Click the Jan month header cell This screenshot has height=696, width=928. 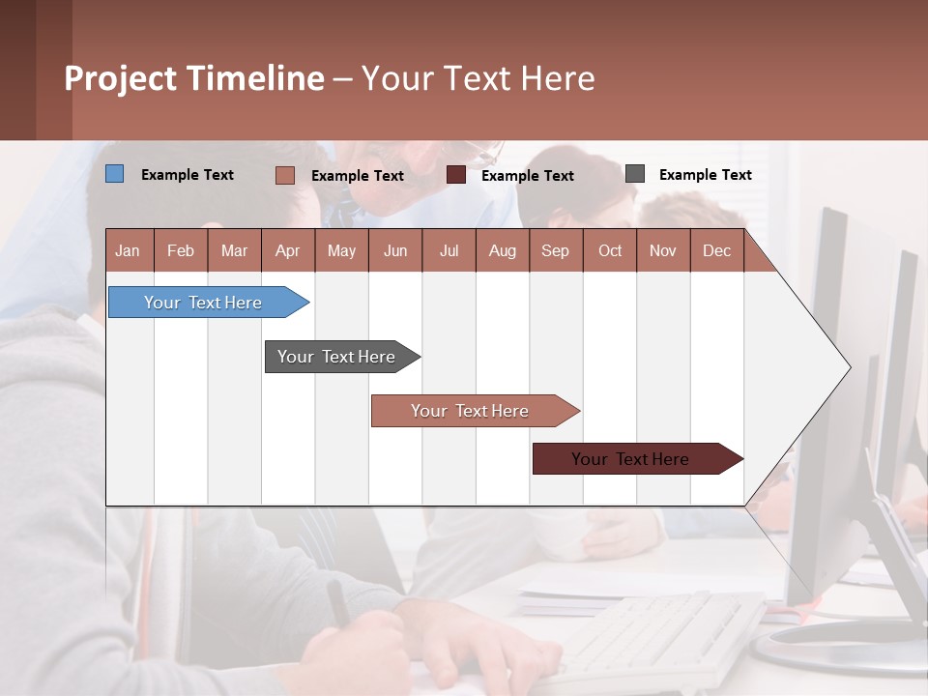[x=129, y=250]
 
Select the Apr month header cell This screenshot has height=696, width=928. [x=288, y=250]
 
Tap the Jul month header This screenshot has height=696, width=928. [x=449, y=250]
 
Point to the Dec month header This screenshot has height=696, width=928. [x=716, y=250]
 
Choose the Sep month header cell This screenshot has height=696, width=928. [x=556, y=250]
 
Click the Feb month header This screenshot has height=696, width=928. [x=181, y=250]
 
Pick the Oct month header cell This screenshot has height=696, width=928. [x=610, y=250]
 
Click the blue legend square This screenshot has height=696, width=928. [x=114, y=174]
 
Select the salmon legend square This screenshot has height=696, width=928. [x=284, y=175]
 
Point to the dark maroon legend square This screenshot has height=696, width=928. [x=455, y=175]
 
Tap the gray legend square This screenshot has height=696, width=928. [x=634, y=174]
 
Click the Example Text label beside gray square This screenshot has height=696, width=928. [x=705, y=174]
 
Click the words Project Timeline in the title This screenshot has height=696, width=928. [x=193, y=78]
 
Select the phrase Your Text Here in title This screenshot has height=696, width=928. [x=478, y=78]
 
